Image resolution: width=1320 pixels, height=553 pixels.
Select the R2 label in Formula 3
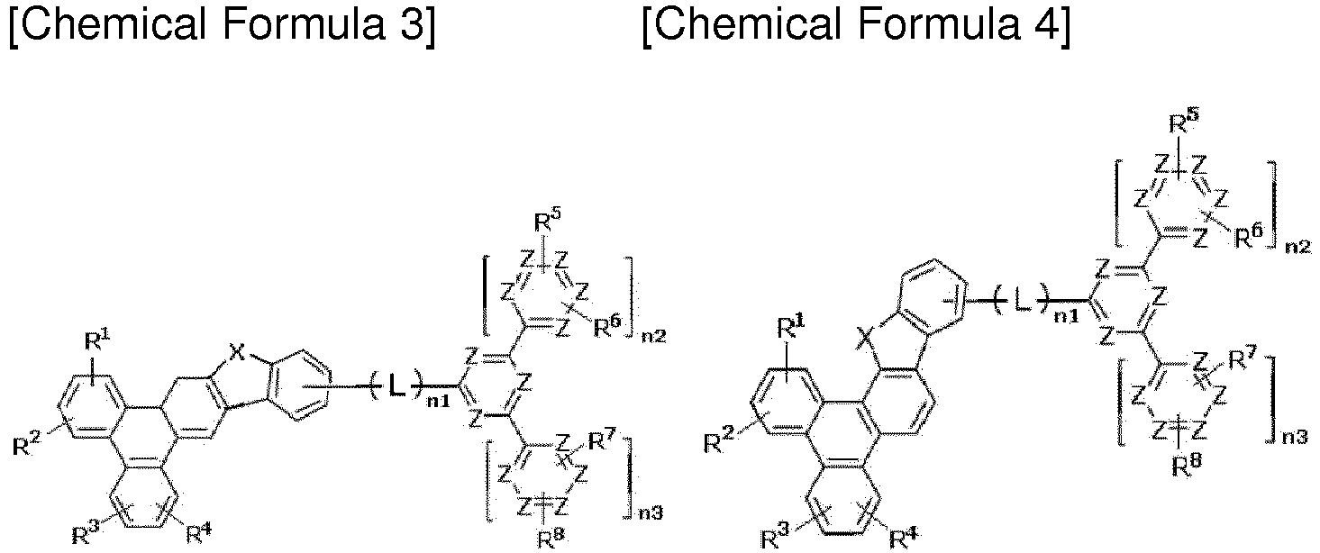click(26, 445)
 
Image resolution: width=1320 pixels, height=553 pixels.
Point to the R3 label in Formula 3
click(86, 534)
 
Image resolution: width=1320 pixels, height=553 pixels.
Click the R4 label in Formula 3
click(199, 533)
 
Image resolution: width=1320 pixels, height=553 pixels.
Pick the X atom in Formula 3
click(237, 353)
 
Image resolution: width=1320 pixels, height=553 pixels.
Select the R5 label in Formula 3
click(546, 222)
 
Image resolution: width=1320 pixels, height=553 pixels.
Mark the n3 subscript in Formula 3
click(651, 513)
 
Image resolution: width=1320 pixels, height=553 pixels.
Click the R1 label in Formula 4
click(791, 327)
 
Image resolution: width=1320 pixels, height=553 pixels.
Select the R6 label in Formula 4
click(1249, 237)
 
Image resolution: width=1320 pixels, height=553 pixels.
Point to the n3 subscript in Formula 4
click(1294, 438)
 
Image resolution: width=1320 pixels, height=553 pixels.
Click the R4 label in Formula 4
click(902, 538)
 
